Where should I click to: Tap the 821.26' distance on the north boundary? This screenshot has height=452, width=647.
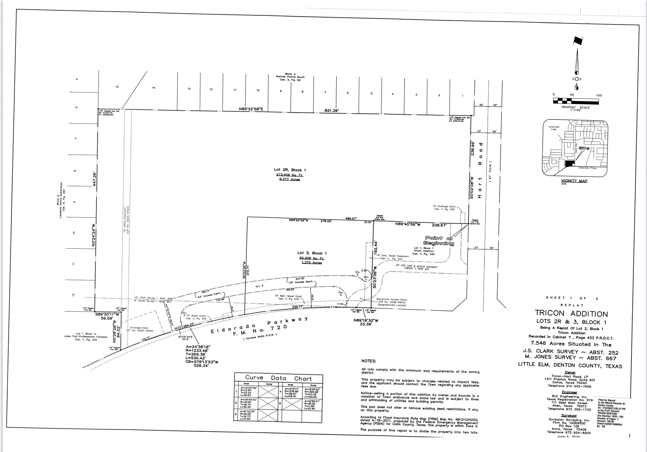[x=332, y=111]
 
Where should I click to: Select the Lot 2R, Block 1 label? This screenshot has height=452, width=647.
[x=289, y=170]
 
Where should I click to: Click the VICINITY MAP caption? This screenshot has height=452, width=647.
[x=574, y=181]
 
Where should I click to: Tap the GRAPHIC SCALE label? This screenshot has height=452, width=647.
[x=576, y=107]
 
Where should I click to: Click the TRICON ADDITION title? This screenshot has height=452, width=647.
[x=571, y=314]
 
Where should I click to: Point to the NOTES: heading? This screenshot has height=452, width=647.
[x=369, y=361]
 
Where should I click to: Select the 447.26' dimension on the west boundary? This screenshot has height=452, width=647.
[x=95, y=179]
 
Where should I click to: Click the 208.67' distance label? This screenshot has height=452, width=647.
[x=439, y=225]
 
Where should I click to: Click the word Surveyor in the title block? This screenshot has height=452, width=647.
[x=569, y=416]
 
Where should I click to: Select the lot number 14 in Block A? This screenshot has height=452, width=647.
[x=154, y=88]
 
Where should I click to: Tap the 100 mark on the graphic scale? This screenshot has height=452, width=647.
[x=599, y=95]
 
